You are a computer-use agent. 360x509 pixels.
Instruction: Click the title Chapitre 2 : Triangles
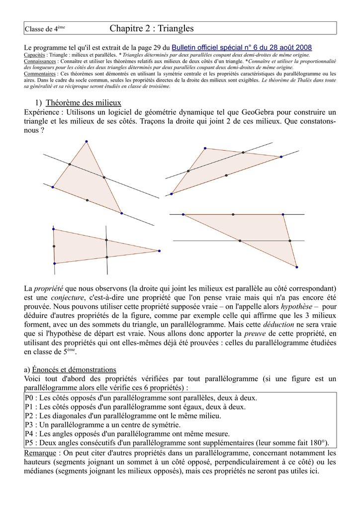pyautogui.click(x=152, y=29)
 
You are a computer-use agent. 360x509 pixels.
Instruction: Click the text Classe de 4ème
pyautogui.click(x=45, y=29)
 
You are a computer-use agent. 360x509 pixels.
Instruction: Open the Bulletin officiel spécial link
pyautogui.click(x=242, y=47)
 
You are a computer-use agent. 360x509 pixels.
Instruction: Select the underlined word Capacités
pyautogui.click(x=35, y=55)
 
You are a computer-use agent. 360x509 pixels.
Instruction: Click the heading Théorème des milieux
pyautogui.click(x=83, y=103)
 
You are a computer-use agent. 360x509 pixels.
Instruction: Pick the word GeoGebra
pyautogui.click(x=256, y=112)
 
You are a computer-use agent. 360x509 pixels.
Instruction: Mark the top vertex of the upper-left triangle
pyautogui.click(x=87, y=142)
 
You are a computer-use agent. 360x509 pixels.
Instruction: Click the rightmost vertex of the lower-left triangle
pyautogui.click(x=159, y=251)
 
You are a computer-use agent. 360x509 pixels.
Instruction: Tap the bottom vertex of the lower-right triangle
pyautogui.click(x=297, y=267)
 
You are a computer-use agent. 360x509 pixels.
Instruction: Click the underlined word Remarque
pyautogui.click(x=40, y=453)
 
